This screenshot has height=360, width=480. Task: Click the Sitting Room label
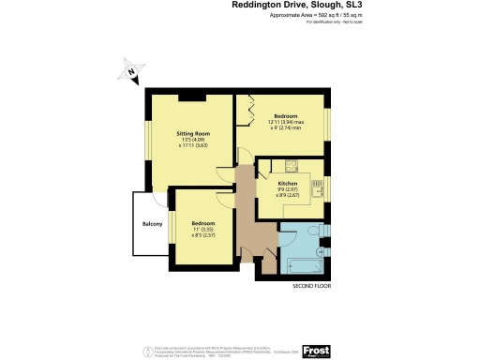tap(193, 134)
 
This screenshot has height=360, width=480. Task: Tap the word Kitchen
tap(288, 183)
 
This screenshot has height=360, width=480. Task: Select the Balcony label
tap(153, 225)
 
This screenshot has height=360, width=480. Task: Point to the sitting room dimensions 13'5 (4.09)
tap(192, 142)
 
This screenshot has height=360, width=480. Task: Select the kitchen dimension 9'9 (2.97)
tap(288, 190)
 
